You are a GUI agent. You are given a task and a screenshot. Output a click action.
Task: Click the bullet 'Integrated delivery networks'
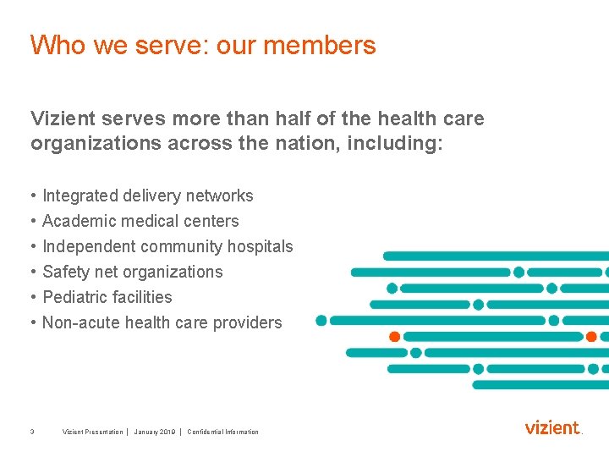pos(148,196)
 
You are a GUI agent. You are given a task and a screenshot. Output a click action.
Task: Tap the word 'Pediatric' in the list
pos(74,298)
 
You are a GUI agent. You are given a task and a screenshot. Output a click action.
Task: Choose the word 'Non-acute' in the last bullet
pos(81,323)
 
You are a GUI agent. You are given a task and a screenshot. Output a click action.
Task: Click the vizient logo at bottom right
pos(553,427)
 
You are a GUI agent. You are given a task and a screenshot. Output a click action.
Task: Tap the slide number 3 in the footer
pos(31,432)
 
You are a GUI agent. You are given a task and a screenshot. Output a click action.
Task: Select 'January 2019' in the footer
pos(155,432)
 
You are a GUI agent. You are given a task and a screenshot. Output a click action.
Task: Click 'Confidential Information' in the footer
pos(223,432)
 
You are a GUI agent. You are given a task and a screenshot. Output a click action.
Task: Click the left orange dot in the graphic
pos(394,337)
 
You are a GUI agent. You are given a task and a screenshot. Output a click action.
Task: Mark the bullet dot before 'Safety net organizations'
pos(32,273)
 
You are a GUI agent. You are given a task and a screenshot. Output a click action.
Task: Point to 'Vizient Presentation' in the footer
pos(93,432)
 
